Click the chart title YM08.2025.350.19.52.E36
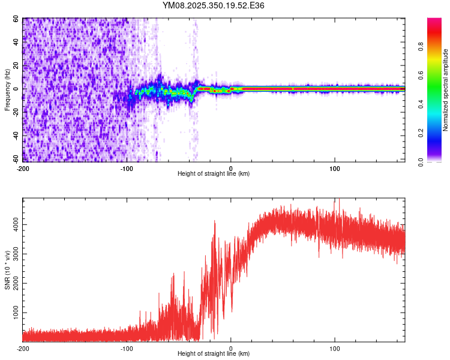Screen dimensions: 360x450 click(x=214, y=5)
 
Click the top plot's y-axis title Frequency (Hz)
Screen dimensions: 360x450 click(x=8, y=90)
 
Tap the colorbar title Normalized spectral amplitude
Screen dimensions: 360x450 click(x=446, y=90)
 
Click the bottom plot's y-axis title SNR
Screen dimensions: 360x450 click(x=8, y=270)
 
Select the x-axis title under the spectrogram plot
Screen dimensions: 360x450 click(x=214, y=173)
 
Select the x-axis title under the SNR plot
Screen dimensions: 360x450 click(x=214, y=353)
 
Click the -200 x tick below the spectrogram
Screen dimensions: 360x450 click(x=23, y=167)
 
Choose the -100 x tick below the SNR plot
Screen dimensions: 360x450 click(x=127, y=348)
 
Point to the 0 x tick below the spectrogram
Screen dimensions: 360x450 click(x=231, y=167)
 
